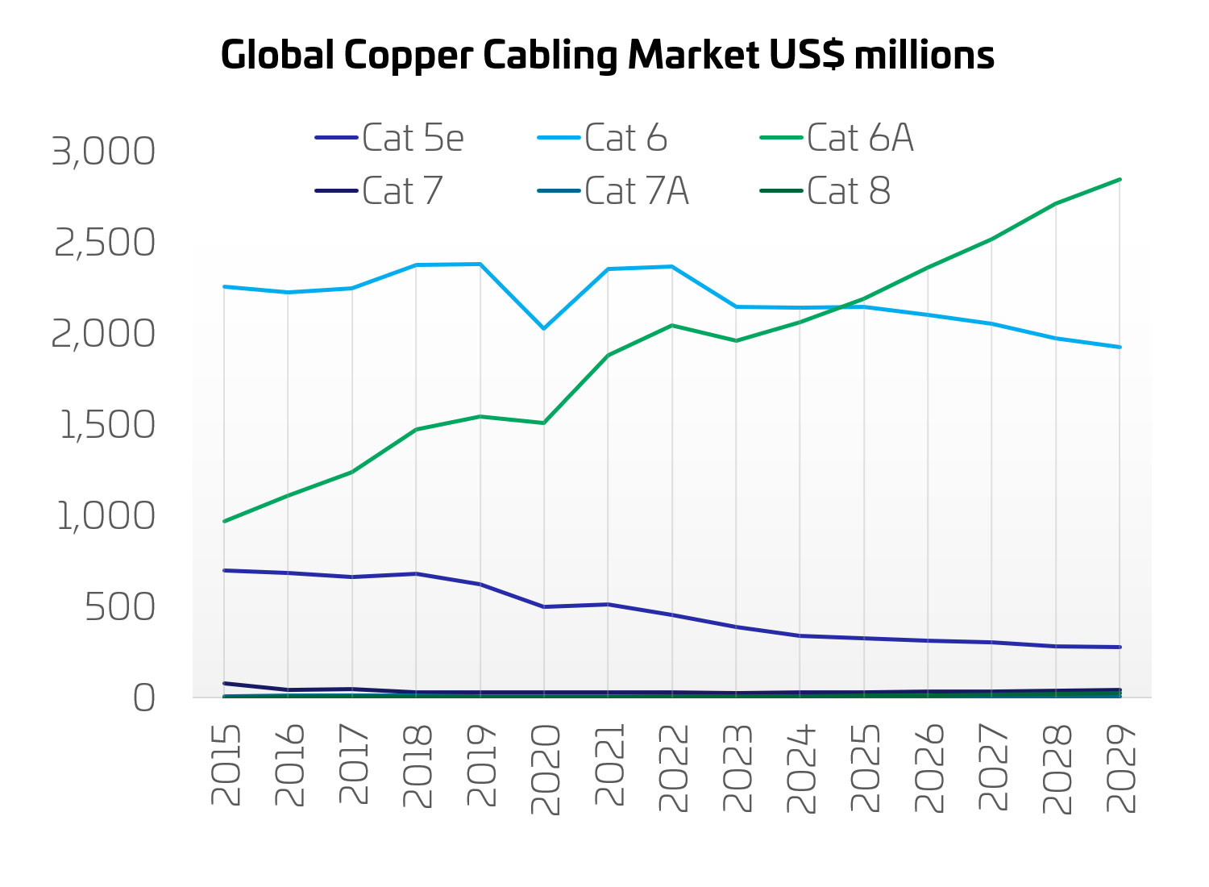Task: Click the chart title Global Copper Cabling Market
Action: pyautogui.click(x=607, y=55)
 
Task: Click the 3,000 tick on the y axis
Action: pyautogui.click(x=103, y=152)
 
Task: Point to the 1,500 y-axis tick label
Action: pyautogui.click(x=107, y=425)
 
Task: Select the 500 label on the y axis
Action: pyautogui.click(x=120, y=607)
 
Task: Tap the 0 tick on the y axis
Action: pyautogui.click(x=143, y=698)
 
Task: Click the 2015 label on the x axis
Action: pyautogui.click(x=226, y=764)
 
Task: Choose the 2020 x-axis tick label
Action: pyautogui.click(x=545, y=768)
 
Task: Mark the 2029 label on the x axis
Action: pyautogui.click(x=1120, y=768)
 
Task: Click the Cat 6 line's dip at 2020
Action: pyautogui.click(x=544, y=328)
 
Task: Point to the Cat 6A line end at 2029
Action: pyautogui.click(x=1120, y=179)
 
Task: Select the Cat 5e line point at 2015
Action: pyautogui.click(x=224, y=570)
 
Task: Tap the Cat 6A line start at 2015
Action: pyautogui.click(x=224, y=521)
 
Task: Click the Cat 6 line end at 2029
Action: pyautogui.click(x=1120, y=347)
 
